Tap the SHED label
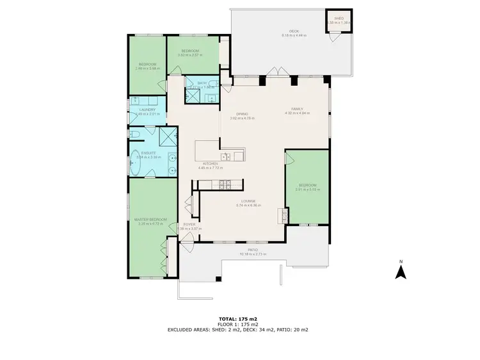click(339, 18)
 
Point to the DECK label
click(294, 31)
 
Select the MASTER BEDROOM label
click(151, 220)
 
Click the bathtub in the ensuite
click(136, 163)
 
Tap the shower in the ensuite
click(168, 136)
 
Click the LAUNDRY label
click(147, 110)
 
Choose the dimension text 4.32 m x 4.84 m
click(298, 113)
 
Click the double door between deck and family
click(274, 71)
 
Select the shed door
click(333, 37)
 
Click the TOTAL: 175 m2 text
click(239, 318)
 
